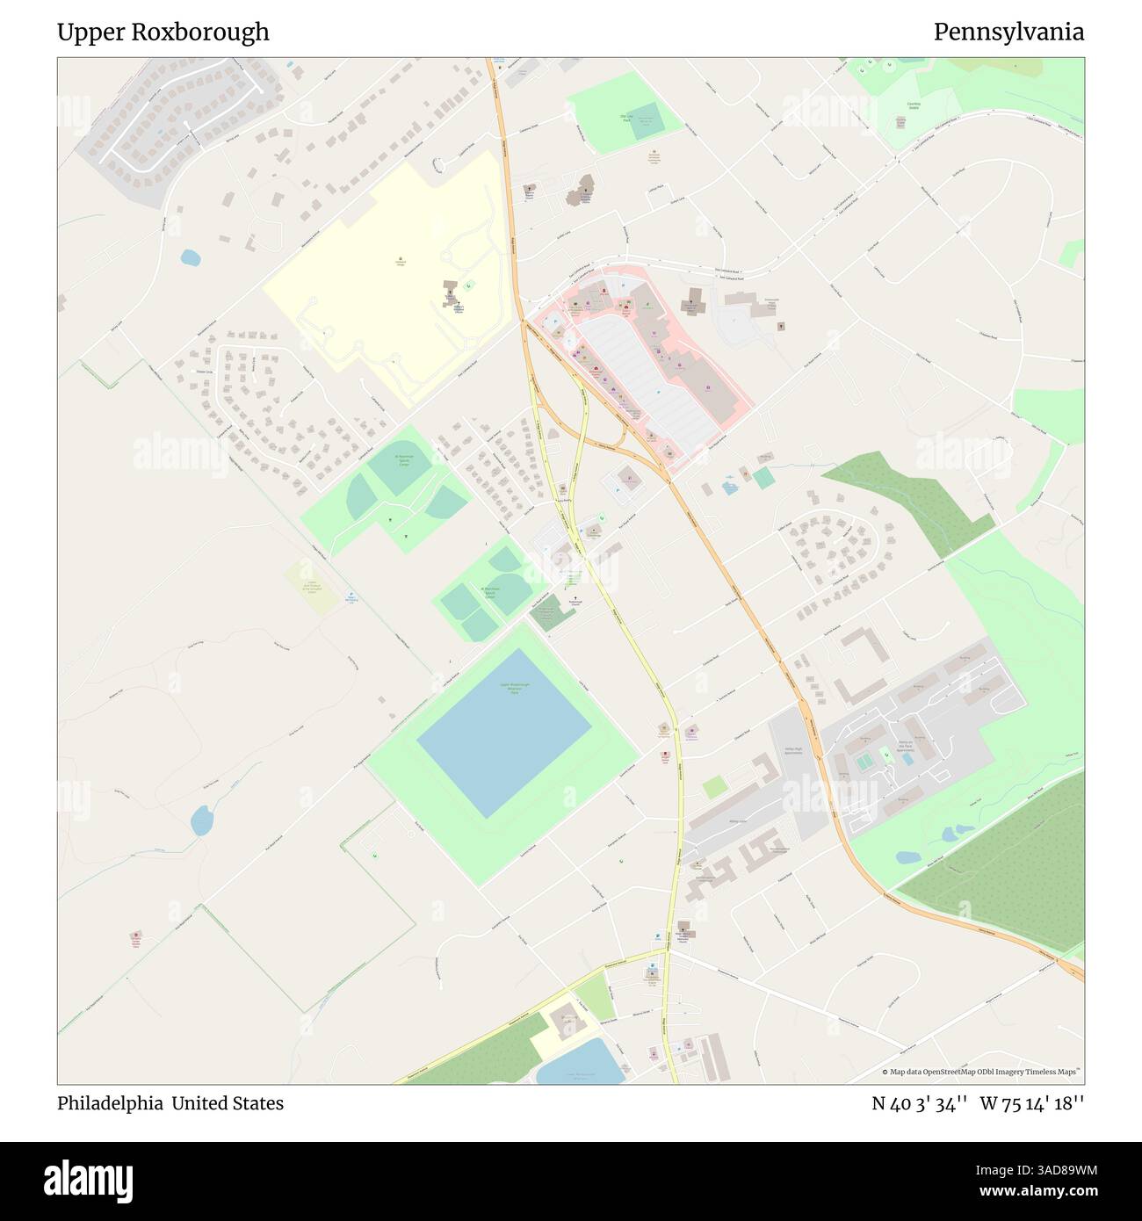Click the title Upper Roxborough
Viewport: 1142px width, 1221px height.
pyautogui.click(x=163, y=33)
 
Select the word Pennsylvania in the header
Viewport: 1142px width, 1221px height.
pyautogui.click(x=1008, y=33)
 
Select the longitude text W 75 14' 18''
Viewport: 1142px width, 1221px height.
pyautogui.click(x=1032, y=1103)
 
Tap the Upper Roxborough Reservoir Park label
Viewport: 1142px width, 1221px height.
pyautogui.click(x=515, y=688)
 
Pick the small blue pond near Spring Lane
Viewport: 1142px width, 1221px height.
pyautogui.click(x=190, y=258)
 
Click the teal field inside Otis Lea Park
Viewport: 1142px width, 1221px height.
pyautogui.click(x=647, y=119)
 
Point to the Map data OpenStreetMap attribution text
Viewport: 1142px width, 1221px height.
pyautogui.click(x=982, y=1072)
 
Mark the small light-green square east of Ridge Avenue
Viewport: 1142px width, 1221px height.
pyautogui.click(x=715, y=786)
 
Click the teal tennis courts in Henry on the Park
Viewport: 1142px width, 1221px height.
pyautogui.click(x=864, y=762)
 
